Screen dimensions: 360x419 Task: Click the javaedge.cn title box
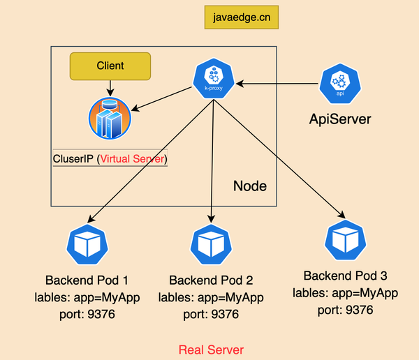tap(241, 17)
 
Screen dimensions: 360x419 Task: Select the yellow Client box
tap(110, 66)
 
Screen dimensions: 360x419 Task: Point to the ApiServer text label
tap(340, 119)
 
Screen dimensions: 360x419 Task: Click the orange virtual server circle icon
tap(110, 118)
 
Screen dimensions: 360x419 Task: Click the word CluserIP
tap(73, 159)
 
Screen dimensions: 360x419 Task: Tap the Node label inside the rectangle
tap(249, 187)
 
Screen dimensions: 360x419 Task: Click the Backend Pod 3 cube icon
tap(344, 239)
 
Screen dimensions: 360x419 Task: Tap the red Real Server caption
tap(212, 349)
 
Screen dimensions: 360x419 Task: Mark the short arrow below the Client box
tap(110, 88)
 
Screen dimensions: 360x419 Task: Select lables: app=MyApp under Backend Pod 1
tap(87, 299)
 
